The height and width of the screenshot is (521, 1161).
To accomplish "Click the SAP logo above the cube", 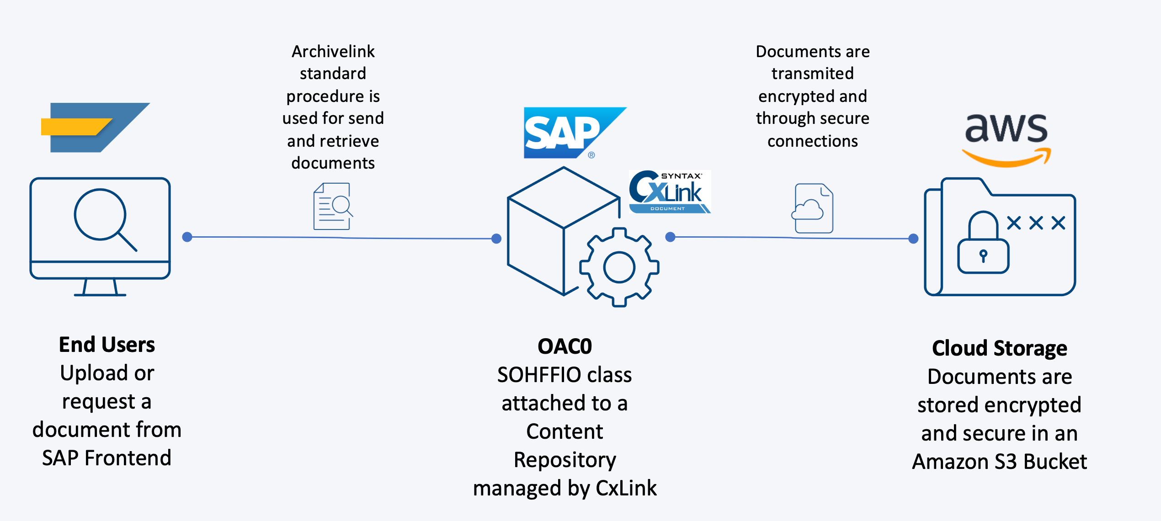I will pyautogui.click(x=569, y=133).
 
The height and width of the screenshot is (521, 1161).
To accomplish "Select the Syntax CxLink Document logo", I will pyautogui.click(x=669, y=192).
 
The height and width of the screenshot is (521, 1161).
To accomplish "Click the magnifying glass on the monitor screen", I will pyautogui.click(x=103, y=217).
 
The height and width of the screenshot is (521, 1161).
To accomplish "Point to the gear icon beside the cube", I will pyautogui.click(x=619, y=267).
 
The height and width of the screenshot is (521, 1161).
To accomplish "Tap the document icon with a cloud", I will pyautogui.click(x=813, y=208).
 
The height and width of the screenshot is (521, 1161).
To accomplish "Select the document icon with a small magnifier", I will pyautogui.click(x=333, y=206).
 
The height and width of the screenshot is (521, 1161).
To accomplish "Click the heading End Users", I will pyautogui.click(x=107, y=345).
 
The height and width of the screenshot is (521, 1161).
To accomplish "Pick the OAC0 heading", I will pyautogui.click(x=565, y=346).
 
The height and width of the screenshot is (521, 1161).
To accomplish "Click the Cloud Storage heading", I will pyautogui.click(x=1000, y=348).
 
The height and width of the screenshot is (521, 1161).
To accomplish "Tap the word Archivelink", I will pyautogui.click(x=333, y=52).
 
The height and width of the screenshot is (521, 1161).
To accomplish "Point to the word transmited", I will pyautogui.click(x=812, y=74).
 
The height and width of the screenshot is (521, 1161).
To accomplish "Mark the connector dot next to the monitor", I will pyautogui.click(x=187, y=237).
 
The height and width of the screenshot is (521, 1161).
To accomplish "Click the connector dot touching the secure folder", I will pyautogui.click(x=913, y=239).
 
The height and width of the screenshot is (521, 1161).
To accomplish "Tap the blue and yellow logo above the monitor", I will pyautogui.click(x=95, y=128).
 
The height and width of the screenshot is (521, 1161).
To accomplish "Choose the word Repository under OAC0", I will pyautogui.click(x=565, y=460).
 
